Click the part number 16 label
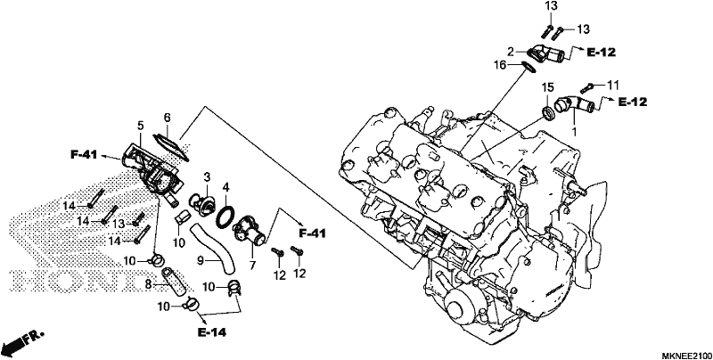[500, 65]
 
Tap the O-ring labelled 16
[528, 67]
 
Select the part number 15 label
[547, 86]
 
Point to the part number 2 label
[511, 53]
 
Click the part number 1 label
[574, 131]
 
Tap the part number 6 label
[167, 118]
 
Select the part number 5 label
[141, 125]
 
